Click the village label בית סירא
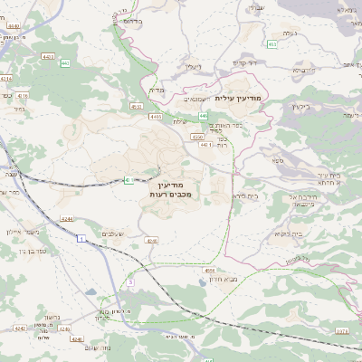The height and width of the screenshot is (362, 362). point(244,195)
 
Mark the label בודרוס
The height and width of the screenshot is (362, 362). point(130,19)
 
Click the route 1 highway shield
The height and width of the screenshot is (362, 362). point(81,237)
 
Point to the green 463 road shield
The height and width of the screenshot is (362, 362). point(271,43)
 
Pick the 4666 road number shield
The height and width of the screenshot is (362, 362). point(210,270)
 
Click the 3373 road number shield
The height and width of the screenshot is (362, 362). point(341,332)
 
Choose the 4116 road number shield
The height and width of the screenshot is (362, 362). point(22,94)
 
